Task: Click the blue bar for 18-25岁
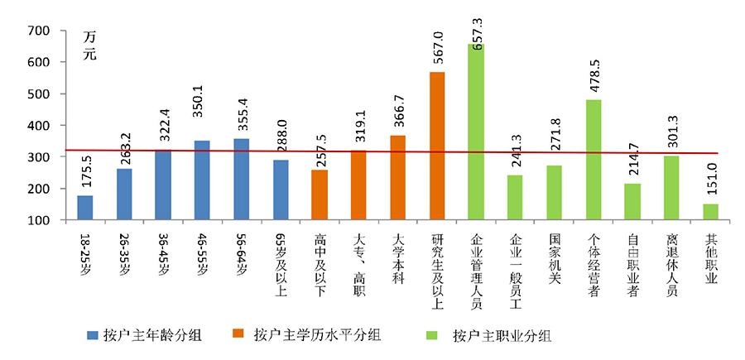84,208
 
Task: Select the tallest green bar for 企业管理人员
476,132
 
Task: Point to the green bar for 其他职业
710,212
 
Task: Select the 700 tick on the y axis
40,31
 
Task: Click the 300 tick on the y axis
40,157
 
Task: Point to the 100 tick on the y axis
40,220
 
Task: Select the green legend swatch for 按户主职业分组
433,335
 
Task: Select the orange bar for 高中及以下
320,195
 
